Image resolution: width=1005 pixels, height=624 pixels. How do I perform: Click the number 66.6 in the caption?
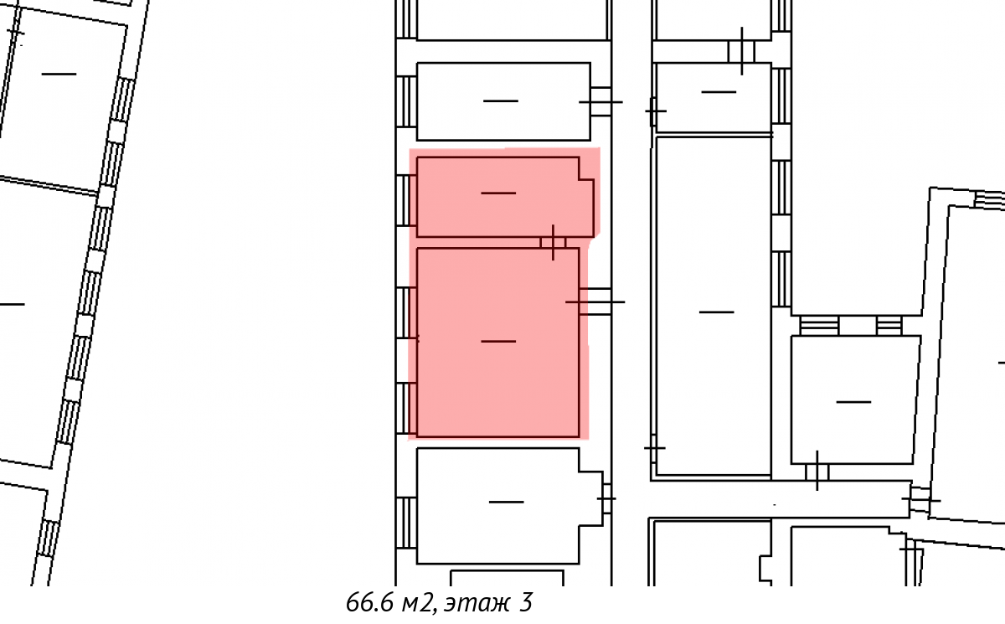[368, 602]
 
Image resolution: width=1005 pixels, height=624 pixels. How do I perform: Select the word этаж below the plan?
[477, 604]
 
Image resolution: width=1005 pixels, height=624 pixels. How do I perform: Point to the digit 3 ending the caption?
[526, 602]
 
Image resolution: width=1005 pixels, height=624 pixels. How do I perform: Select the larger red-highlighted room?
[498, 343]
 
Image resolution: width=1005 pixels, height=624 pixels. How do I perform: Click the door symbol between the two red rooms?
[553, 243]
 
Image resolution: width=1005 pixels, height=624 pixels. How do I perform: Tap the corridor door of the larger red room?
[595, 302]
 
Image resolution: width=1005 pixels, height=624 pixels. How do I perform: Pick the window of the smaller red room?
[406, 200]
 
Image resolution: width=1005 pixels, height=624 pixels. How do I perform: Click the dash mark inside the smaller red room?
[498, 193]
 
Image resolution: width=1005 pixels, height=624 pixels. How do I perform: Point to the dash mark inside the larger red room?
[498, 342]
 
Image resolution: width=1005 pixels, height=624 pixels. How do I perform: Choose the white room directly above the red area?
[503, 101]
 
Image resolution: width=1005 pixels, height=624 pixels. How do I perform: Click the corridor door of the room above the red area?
[600, 102]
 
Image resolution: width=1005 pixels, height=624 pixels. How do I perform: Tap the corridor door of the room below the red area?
[606, 498]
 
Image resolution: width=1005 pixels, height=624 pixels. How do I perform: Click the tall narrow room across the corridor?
[714, 306]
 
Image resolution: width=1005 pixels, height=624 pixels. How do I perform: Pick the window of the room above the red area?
[406, 102]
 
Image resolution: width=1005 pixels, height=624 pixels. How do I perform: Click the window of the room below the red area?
[406, 523]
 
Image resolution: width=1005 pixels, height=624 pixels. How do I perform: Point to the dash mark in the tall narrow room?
[717, 312]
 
